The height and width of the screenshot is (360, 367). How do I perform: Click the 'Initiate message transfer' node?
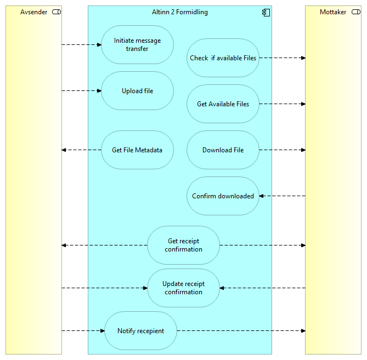click(137, 45)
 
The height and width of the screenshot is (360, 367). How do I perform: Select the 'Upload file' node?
click(137, 91)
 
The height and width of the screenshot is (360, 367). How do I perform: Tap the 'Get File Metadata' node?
click(137, 150)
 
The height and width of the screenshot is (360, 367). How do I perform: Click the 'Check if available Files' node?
click(223, 58)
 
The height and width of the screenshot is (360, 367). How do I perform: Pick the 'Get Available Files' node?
click(223, 104)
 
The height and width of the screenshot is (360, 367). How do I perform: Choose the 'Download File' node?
click(223, 150)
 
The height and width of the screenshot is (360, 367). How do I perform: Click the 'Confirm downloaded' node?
click(223, 196)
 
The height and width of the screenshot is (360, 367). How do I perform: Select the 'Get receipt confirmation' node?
click(183, 245)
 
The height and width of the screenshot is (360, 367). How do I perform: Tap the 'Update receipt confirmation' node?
click(183, 288)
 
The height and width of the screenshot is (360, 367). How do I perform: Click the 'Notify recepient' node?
click(140, 331)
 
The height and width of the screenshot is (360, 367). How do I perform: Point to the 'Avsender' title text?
click(33, 12)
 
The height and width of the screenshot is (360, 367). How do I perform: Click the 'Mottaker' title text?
click(333, 12)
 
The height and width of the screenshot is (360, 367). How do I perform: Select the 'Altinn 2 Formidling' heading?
click(179, 12)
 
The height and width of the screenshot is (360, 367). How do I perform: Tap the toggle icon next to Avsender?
click(56, 12)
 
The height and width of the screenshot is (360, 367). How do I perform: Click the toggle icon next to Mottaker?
click(355, 12)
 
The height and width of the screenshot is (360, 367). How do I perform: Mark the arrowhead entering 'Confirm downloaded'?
click(262, 196)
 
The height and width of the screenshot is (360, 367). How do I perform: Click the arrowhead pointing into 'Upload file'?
click(99, 91)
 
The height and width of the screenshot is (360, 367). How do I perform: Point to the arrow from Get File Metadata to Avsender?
click(81, 150)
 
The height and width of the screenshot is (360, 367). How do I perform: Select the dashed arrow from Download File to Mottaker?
click(282, 150)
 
